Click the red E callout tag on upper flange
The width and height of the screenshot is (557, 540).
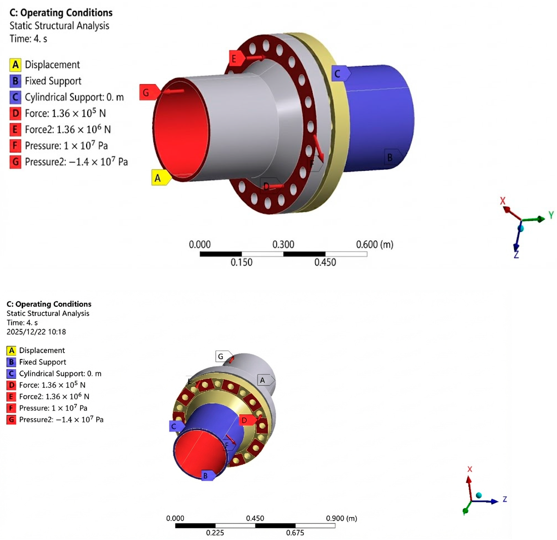236,58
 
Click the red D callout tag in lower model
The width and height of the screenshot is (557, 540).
246,420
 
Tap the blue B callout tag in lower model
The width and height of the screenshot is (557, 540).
207,476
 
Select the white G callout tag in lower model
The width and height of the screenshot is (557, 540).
223,356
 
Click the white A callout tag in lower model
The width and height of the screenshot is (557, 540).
264,380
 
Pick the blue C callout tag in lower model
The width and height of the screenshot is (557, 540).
175,426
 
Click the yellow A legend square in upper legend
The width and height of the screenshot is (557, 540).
15,65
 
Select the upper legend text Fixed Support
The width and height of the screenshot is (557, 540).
53,81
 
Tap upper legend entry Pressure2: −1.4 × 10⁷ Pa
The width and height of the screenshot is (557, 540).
76,162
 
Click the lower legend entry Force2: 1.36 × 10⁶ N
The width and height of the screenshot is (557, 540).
54,396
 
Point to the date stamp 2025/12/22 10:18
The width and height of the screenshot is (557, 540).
36,332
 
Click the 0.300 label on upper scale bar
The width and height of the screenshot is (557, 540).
283,244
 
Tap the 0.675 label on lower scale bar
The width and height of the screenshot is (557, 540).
295,533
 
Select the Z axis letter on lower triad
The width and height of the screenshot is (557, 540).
505,499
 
